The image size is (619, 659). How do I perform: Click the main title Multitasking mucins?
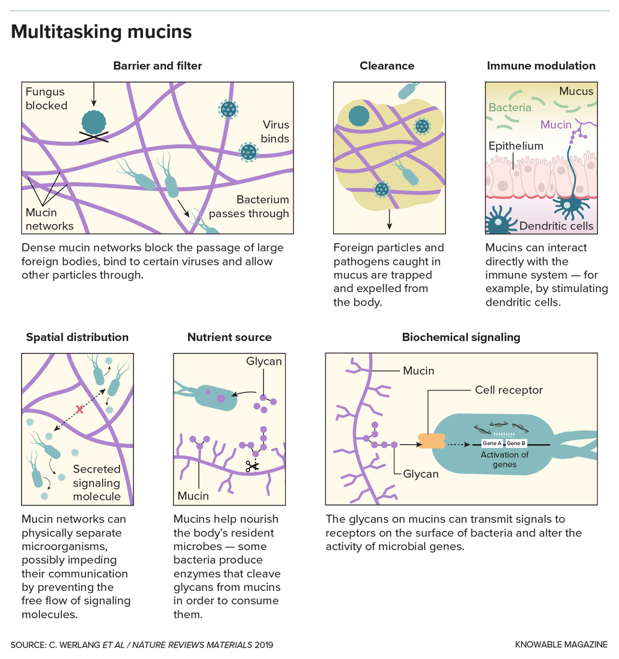(x=102, y=32)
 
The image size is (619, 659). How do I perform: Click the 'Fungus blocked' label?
(x=46, y=99)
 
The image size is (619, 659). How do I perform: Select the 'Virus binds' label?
(x=275, y=132)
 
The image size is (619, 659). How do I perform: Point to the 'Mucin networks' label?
(x=49, y=219)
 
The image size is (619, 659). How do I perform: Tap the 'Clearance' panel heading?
(x=387, y=66)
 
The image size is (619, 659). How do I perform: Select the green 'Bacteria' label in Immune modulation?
(x=510, y=108)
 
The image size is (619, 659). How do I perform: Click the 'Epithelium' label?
(x=516, y=147)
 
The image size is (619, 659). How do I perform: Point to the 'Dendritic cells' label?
(x=556, y=226)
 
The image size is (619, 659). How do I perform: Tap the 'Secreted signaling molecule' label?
(x=97, y=483)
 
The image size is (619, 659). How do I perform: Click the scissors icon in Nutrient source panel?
(x=251, y=467)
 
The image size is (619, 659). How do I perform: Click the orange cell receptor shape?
(x=431, y=441)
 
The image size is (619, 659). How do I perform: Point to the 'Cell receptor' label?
(x=509, y=390)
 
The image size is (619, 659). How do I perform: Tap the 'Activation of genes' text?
(x=505, y=460)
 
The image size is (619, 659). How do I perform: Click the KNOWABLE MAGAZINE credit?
(x=561, y=645)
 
